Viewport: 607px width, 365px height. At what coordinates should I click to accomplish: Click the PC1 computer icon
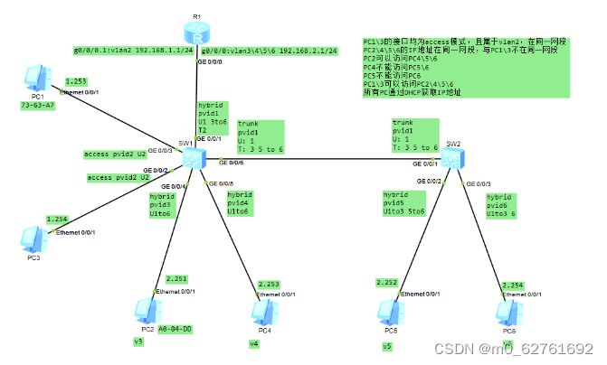tap(34, 80)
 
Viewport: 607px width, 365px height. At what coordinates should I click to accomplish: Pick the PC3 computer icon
tap(33, 238)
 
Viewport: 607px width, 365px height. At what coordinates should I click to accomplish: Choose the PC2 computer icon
tap(145, 309)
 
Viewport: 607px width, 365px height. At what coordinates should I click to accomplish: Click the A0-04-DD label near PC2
tap(175, 330)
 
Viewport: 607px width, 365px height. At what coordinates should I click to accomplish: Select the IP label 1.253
tap(76, 81)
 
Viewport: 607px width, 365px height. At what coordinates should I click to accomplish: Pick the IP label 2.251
tap(178, 278)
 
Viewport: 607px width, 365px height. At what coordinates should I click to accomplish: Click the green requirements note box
tap(464, 66)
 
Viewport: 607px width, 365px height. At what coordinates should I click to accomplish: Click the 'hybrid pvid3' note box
tap(163, 204)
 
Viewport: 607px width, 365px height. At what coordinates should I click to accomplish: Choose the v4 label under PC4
tap(254, 344)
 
